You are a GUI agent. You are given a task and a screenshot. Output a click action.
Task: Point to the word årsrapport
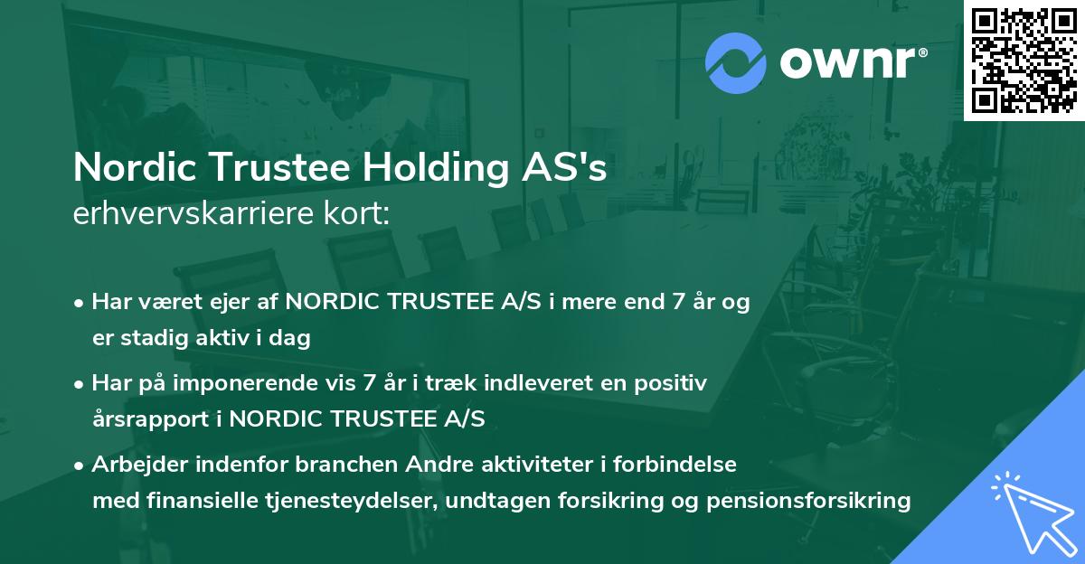click(144, 419)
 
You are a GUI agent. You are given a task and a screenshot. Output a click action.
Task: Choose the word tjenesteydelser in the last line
click(350, 501)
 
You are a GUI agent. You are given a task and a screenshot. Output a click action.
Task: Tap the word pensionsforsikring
click(802, 501)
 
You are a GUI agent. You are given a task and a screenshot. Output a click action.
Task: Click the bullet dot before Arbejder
click(80, 465)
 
